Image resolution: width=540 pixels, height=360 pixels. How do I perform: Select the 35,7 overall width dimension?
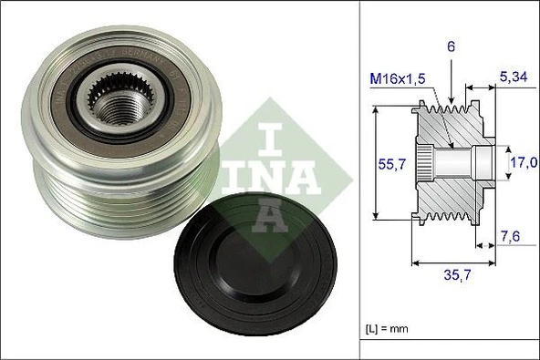(x=455, y=273)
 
